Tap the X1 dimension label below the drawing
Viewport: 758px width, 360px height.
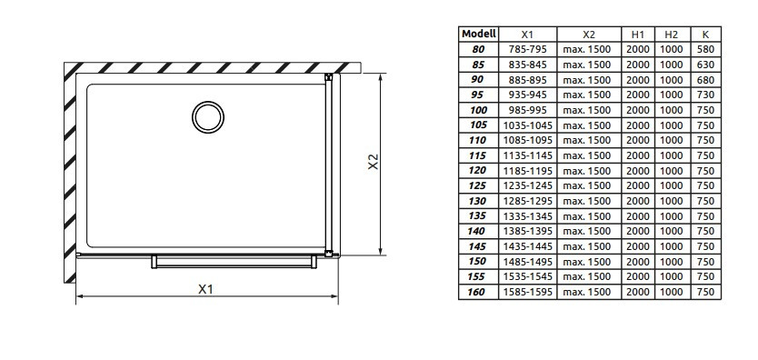coord(206,289)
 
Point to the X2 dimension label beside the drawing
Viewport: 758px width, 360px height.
coord(374,162)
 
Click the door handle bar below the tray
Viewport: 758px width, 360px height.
coord(234,262)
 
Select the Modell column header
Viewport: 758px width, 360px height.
coord(479,34)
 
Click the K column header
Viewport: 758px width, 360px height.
coord(706,35)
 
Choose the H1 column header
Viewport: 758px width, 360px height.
coord(638,35)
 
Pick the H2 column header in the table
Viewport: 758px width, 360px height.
coord(672,35)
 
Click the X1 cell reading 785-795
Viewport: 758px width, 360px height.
coord(527,49)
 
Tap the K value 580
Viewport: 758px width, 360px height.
coord(706,49)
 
